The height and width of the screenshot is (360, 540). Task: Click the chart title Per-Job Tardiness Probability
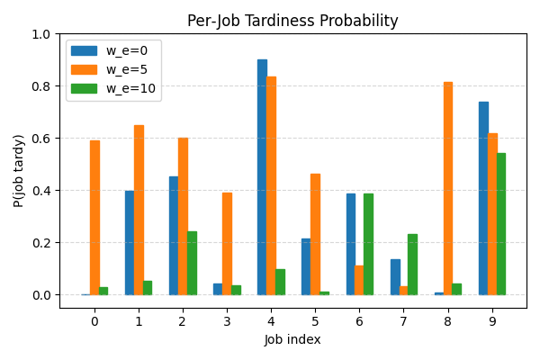point(292,21)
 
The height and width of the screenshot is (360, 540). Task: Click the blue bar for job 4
point(262,177)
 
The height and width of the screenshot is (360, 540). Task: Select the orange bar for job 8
point(448,189)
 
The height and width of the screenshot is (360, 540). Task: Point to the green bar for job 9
point(501,224)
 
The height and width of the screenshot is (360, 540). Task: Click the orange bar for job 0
point(94,218)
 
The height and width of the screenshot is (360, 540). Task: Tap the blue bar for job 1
point(130,243)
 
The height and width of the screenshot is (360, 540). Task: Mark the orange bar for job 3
point(227,244)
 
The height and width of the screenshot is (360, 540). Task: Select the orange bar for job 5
point(315,234)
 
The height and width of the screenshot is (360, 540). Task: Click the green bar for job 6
point(368,244)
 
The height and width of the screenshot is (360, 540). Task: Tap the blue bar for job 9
point(483,198)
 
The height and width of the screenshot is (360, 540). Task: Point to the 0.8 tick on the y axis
point(60,86)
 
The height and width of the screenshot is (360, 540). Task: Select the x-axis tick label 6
point(359,321)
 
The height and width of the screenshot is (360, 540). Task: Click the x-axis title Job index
point(292,340)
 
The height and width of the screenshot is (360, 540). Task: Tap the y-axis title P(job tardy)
point(20,171)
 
